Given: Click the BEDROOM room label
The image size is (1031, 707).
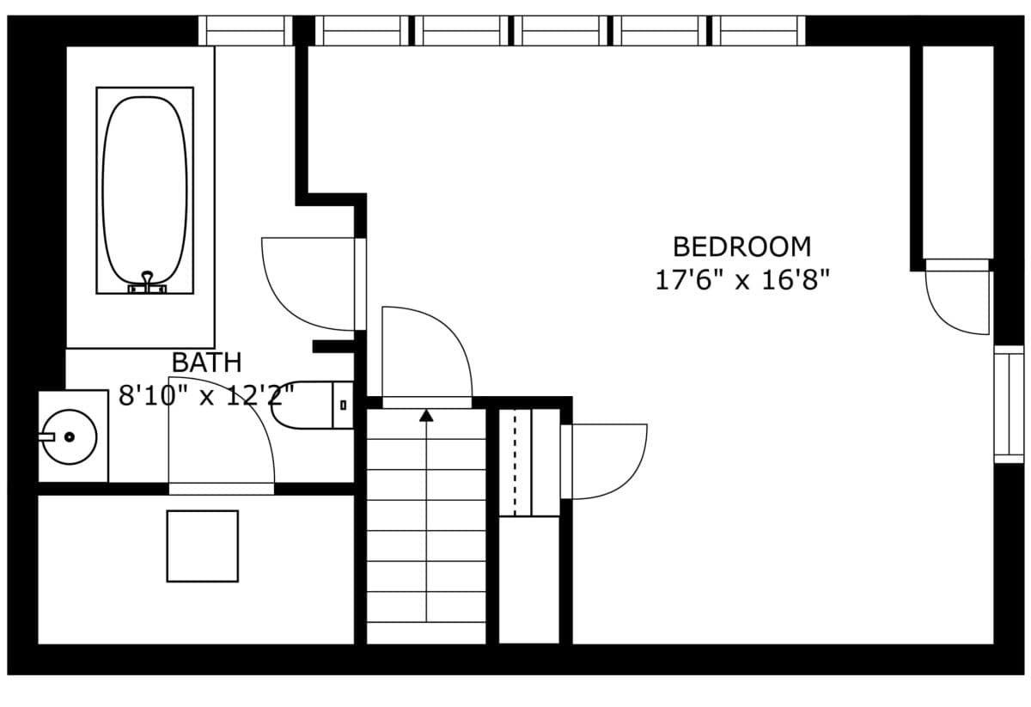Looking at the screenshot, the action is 742,247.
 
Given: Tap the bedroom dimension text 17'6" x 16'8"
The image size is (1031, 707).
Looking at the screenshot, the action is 742,280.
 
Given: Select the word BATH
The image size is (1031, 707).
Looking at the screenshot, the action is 207,363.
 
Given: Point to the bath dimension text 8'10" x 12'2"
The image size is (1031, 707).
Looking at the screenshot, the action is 206,395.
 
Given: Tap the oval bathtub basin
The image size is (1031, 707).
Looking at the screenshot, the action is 144,190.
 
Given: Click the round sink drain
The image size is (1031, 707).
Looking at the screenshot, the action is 70,436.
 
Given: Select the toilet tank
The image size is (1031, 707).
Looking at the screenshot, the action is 343,405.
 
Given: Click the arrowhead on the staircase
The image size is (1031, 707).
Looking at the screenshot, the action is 426,416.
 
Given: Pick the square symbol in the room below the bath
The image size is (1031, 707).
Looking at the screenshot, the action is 203,545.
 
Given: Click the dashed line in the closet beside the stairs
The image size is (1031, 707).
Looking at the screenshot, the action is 515,462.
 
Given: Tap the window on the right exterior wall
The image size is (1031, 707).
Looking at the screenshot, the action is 1009,404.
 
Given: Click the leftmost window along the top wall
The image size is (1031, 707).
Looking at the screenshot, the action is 246,30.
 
